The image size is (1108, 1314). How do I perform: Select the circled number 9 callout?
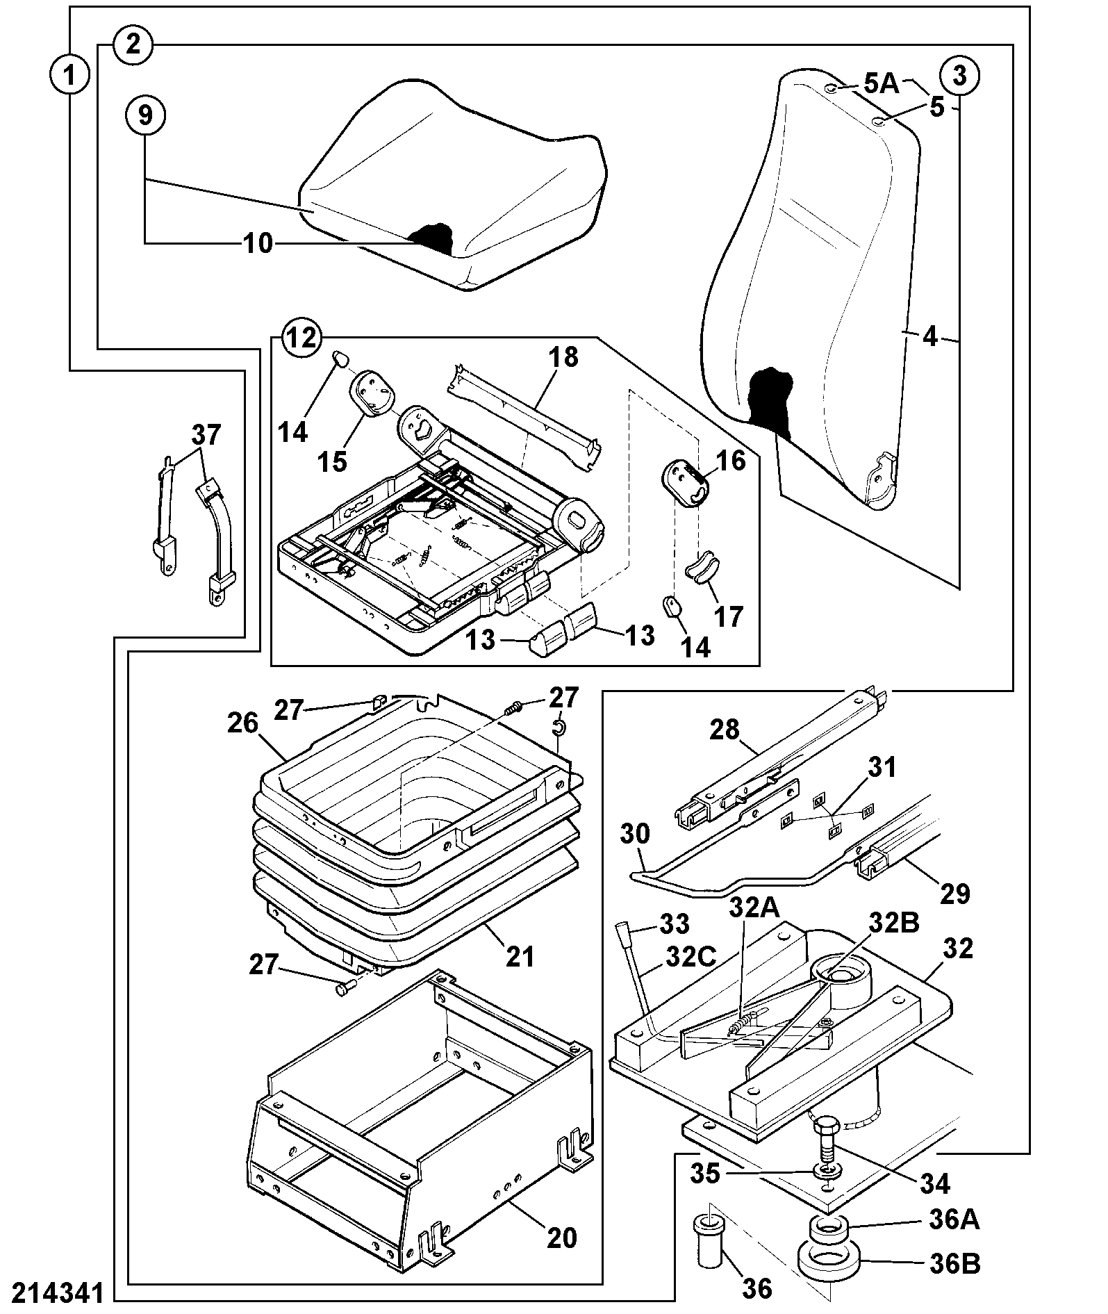tap(144, 115)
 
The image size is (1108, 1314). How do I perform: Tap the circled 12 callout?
tap(302, 338)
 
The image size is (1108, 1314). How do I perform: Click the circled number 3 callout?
tap(959, 76)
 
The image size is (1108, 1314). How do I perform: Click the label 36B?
tap(954, 1264)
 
